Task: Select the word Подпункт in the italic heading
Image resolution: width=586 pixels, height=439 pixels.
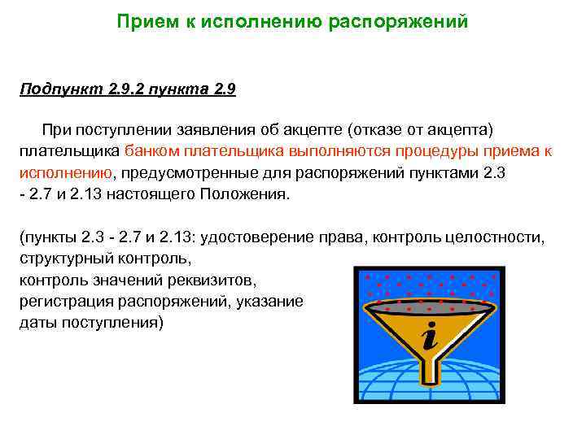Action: [x=59, y=89]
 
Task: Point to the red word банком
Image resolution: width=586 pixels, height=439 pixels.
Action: [x=153, y=151]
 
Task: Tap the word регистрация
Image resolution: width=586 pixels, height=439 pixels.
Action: [x=63, y=302]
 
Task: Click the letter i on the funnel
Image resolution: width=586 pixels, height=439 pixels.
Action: [x=428, y=336]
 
